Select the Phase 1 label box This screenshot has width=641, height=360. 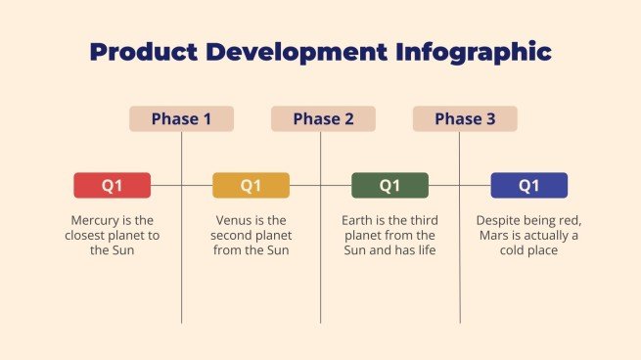click(x=181, y=119)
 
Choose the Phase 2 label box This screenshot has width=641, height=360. click(x=323, y=119)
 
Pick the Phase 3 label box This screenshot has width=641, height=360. click(x=465, y=119)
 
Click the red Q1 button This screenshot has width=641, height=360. click(x=113, y=185)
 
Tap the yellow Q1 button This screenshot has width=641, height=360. click(x=252, y=185)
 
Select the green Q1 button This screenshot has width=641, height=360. click(x=389, y=185)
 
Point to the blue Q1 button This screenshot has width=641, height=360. click(x=528, y=185)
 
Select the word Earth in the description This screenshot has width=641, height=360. click(x=358, y=220)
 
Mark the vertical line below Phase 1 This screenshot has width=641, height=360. click(x=182, y=284)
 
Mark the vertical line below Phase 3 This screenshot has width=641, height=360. click(x=460, y=284)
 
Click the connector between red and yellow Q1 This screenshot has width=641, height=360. click(x=182, y=185)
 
